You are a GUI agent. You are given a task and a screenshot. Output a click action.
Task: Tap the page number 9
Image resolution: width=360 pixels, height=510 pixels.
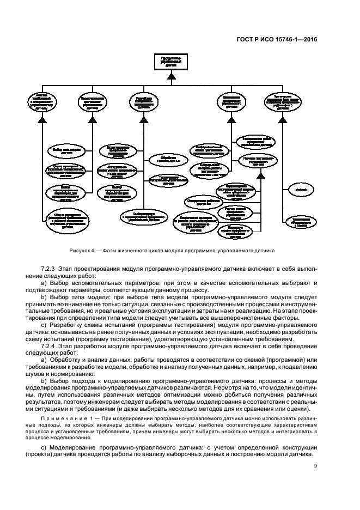(316, 466)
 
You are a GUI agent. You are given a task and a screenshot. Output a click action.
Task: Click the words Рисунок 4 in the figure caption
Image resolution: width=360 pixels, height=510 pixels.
(82, 251)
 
